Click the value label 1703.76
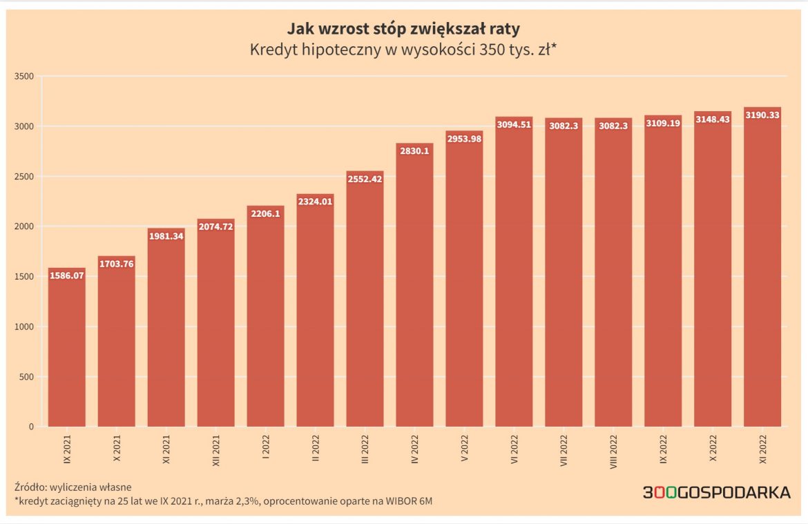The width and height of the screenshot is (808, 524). (x=116, y=264)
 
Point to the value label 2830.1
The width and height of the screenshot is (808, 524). (x=414, y=151)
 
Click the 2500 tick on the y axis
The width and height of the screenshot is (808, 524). (x=25, y=177)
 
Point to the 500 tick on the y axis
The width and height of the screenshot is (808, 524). (x=27, y=377)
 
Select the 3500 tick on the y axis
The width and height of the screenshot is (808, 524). (x=25, y=76)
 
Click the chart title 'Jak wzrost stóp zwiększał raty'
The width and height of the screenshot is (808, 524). (x=403, y=30)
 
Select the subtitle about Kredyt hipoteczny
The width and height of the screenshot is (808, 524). (x=403, y=50)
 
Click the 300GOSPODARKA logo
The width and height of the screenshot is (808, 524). (x=716, y=493)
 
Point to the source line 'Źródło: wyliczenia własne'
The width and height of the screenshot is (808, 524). (x=72, y=487)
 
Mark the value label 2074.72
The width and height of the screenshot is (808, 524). (x=215, y=226)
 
